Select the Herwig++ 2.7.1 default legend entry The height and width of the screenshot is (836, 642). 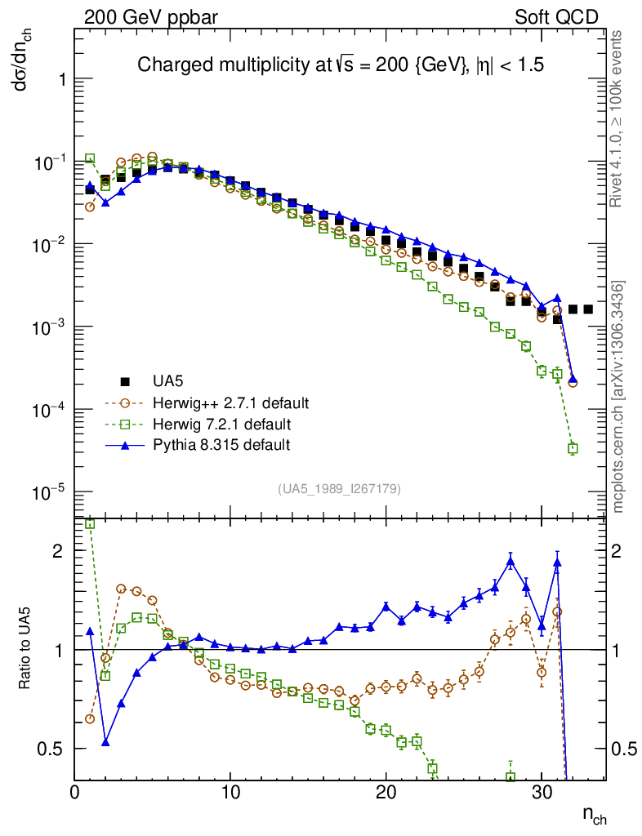[230, 402]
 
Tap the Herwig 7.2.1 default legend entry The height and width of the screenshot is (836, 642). [222, 424]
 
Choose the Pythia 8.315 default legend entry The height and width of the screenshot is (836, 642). [221, 445]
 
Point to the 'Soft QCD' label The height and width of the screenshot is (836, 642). [555, 16]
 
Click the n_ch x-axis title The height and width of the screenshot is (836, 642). [594, 814]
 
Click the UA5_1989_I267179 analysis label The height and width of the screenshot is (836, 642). [339, 488]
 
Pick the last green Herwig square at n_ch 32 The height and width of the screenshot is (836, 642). [573, 448]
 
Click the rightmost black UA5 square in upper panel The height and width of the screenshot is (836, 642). [588, 309]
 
